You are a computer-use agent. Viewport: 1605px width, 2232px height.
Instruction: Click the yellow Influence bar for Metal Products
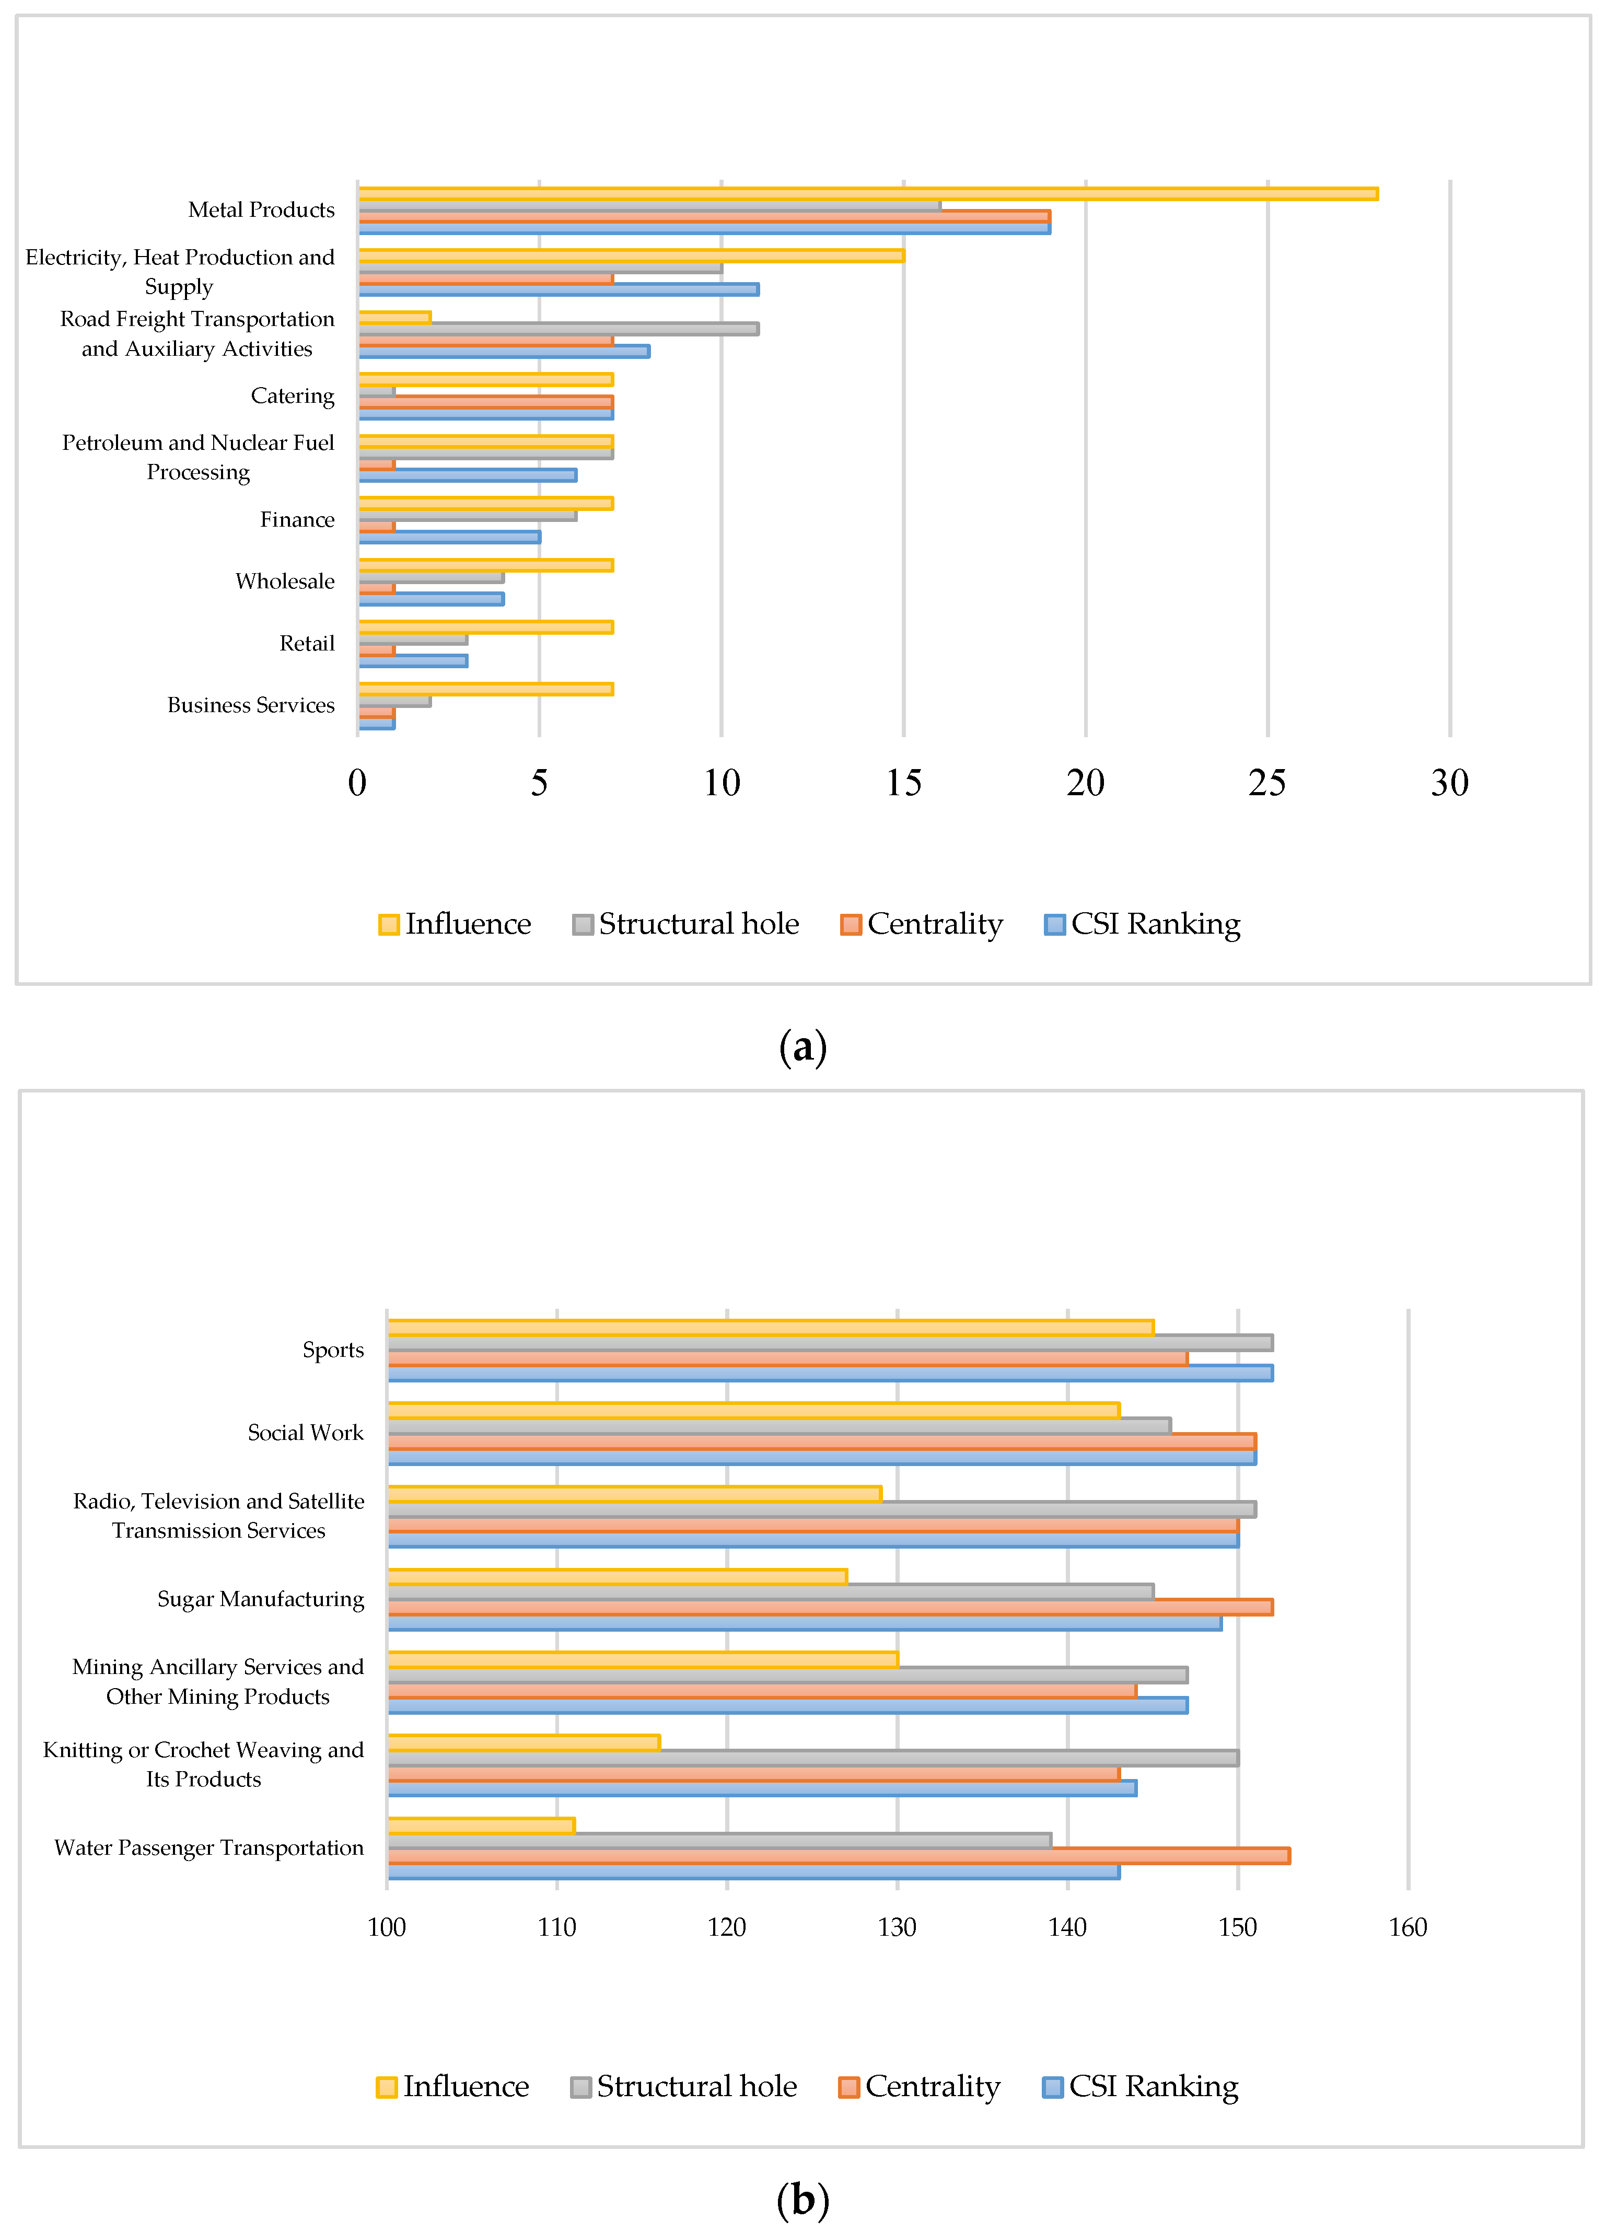point(866,194)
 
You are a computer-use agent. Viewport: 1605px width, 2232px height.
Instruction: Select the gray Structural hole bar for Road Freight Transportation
point(558,329)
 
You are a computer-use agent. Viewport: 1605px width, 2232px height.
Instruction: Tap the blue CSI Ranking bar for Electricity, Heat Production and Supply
point(558,289)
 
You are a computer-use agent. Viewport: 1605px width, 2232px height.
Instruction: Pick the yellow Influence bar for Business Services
point(485,689)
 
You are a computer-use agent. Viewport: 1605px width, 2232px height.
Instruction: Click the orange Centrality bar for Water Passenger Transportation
point(839,1855)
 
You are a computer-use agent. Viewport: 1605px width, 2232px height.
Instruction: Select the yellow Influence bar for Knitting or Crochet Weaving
point(524,1743)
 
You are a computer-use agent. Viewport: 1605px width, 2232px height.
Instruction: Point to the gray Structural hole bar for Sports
point(830,1342)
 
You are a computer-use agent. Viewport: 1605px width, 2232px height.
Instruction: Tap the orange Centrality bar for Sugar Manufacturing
point(830,1607)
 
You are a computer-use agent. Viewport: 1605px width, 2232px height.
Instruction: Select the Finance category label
point(297,520)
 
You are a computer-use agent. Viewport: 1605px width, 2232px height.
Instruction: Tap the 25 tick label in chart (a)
point(1267,783)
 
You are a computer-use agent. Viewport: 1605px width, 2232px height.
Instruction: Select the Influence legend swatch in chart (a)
point(389,925)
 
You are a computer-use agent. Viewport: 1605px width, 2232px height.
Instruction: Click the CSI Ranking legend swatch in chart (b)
point(1053,2086)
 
